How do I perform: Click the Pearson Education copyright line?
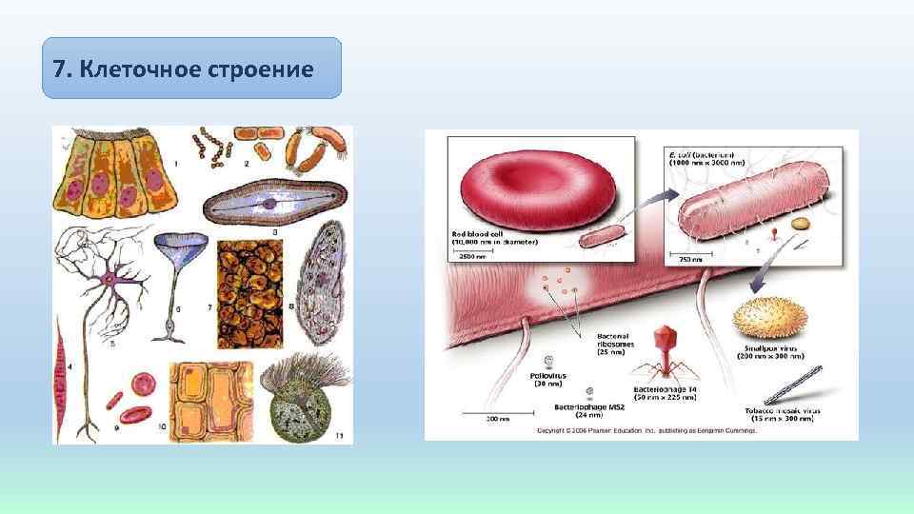coord(646,430)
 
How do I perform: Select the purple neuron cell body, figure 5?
coord(111,280)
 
